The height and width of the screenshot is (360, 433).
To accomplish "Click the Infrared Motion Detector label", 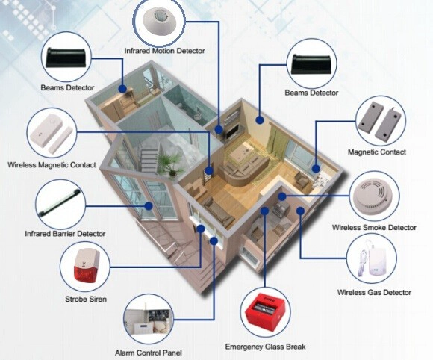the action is coord(164,51).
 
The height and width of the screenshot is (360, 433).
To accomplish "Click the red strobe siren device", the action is coord(85,266).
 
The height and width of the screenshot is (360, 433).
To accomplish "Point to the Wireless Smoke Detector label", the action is coord(374,227).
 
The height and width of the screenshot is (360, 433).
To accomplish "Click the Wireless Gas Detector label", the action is coord(374,292).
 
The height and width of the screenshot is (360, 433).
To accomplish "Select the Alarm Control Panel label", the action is coord(149,353).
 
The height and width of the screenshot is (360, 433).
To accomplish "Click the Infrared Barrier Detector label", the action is coord(65,234).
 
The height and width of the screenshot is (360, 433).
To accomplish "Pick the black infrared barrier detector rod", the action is coord(60,202).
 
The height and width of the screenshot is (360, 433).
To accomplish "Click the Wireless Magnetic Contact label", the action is coord(52,165).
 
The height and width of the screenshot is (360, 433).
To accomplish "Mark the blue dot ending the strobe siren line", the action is coord(201,229).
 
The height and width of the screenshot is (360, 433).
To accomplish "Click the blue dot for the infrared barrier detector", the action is coord(149,206).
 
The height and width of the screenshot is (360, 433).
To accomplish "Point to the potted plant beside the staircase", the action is coord(169,164).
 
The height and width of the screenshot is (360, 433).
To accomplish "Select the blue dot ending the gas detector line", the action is coord(300,211).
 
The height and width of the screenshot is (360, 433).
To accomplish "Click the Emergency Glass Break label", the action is coord(265,347).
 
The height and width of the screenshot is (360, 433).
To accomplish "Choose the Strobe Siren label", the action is coord(86,299).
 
